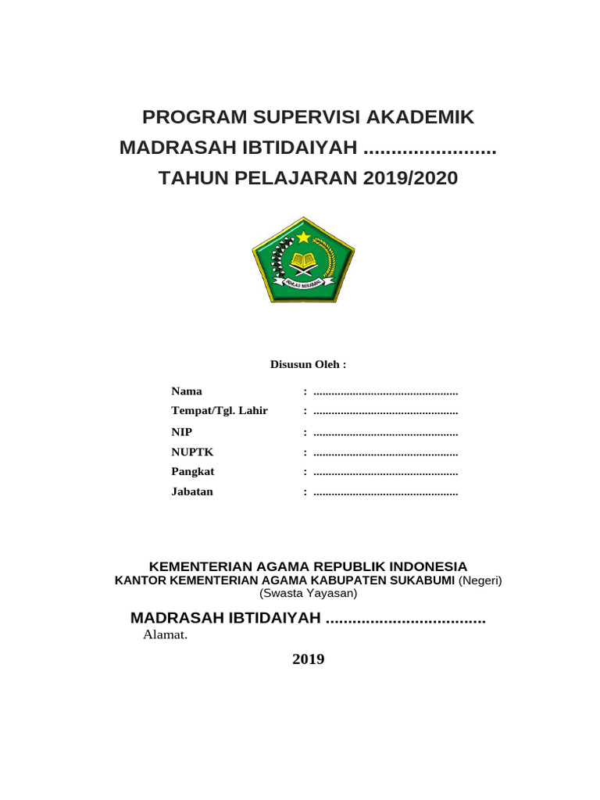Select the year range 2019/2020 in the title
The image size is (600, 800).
(x=410, y=179)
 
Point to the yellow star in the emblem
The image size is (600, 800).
(x=303, y=237)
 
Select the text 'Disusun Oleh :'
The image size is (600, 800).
(x=308, y=365)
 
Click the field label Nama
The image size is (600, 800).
(x=187, y=391)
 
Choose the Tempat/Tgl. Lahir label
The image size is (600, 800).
(x=220, y=411)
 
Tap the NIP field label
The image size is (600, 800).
(x=181, y=432)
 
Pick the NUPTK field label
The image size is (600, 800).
(x=192, y=452)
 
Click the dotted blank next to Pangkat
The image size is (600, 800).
(x=385, y=473)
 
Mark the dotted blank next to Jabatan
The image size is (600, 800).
(x=385, y=493)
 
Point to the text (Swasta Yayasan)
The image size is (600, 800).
(x=308, y=594)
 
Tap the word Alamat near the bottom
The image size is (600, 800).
(x=165, y=634)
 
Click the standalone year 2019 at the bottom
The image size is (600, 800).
(x=308, y=659)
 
